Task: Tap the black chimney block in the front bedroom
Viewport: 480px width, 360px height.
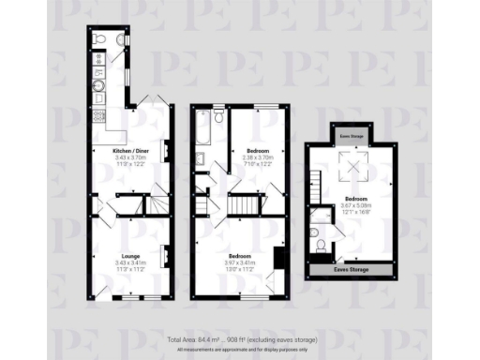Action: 278,257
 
